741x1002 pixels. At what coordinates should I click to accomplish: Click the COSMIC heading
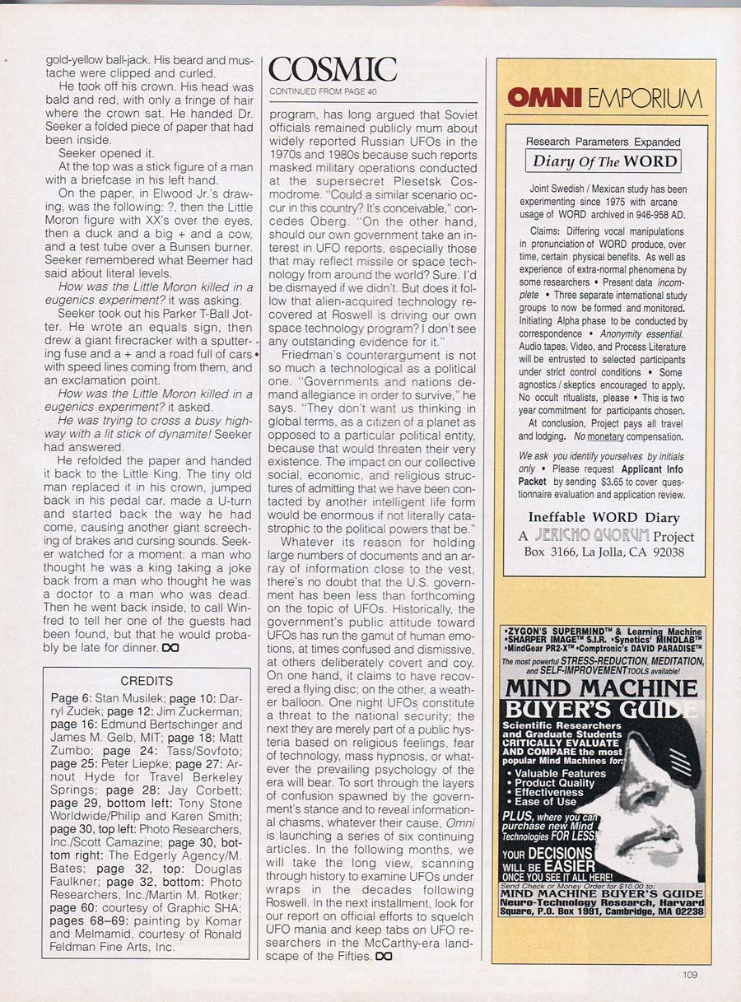(x=333, y=72)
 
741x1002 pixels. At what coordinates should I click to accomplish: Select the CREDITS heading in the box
(x=147, y=681)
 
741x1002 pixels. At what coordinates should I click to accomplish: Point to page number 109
(x=689, y=975)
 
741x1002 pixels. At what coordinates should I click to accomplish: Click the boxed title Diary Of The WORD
(x=604, y=161)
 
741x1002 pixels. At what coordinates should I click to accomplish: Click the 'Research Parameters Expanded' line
(x=604, y=142)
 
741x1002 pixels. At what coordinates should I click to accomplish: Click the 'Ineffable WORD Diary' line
(x=604, y=519)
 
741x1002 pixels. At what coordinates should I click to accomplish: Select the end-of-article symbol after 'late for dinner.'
(x=170, y=648)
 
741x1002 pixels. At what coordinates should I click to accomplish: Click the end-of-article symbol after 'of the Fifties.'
(x=383, y=956)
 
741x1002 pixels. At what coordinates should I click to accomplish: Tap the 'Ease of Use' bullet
(x=546, y=801)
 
